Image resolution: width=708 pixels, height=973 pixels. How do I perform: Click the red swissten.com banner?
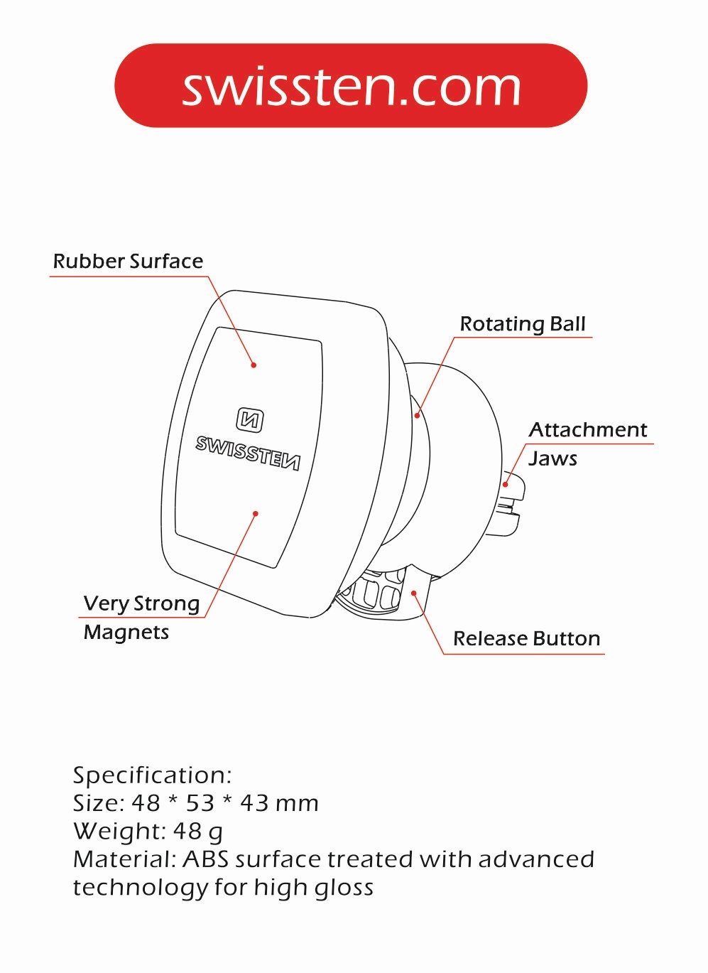(x=351, y=85)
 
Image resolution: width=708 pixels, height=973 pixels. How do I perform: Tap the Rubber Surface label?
(x=128, y=262)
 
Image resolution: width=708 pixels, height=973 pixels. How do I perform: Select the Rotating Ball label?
(x=523, y=324)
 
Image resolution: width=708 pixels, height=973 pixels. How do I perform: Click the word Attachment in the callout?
(x=588, y=430)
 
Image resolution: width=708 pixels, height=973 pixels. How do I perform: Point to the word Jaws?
(x=552, y=458)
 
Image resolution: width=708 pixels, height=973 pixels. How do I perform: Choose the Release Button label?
(x=526, y=638)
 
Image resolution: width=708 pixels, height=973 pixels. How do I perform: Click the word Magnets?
(x=126, y=633)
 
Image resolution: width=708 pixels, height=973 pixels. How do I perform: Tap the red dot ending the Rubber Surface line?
(x=254, y=365)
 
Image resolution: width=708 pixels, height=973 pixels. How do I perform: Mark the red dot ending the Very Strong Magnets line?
(x=256, y=514)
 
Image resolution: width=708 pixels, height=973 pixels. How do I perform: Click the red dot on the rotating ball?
(x=417, y=416)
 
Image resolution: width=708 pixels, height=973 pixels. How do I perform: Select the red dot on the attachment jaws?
(x=506, y=484)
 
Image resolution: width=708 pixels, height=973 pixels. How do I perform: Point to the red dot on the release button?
(x=414, y=593)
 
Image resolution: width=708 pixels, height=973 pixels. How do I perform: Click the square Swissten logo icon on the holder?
(x=250, y=420)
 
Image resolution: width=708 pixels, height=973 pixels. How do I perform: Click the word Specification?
(x=153, y=775)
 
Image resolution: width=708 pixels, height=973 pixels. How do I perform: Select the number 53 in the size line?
(x=200, y=802)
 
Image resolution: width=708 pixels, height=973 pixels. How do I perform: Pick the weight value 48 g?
(x=198, y=832)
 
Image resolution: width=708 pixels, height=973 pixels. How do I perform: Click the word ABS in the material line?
(x=205, y=859)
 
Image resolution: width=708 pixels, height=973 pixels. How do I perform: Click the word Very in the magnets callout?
(x=105, y=604)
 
